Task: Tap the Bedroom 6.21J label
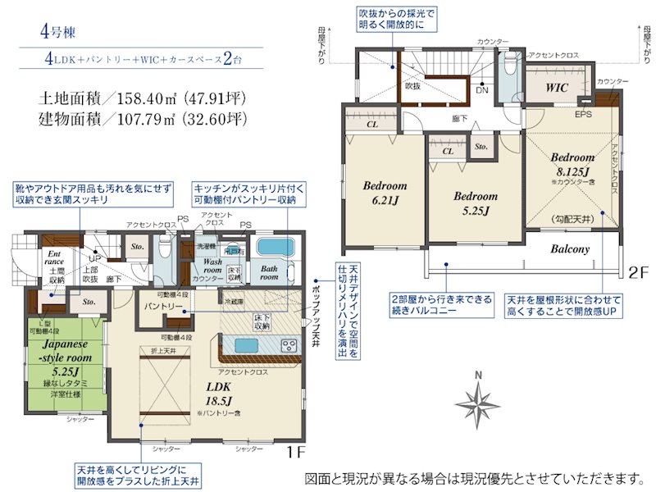pos(385,192)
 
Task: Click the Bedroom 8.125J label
pos(572,164)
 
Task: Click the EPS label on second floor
pos(583,114)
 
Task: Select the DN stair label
pos(481,90)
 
